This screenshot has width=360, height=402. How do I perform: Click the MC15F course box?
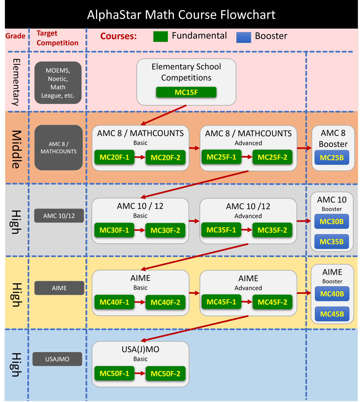coord(186,92)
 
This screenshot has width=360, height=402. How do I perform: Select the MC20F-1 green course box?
coord(114,157)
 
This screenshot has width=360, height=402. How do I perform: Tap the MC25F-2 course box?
coord(272,157)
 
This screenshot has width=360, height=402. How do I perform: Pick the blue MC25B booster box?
coord(332,158)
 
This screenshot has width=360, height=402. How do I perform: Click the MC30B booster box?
coord(332,221)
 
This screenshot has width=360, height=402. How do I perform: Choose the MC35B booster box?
coord(332,242)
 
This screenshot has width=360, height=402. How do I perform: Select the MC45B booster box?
coord(332,314)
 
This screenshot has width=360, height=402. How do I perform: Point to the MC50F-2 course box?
coord(165,373)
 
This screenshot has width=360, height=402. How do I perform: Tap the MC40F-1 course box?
coord(114,302)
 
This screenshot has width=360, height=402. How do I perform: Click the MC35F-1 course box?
coord(221,230)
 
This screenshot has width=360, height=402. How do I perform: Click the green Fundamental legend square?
coord(160,36)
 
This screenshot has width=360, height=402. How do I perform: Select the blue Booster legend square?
coord(244,37)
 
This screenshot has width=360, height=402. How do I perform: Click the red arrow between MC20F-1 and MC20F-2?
coord(140,157)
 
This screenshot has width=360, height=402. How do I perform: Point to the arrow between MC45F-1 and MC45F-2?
coord(247,302)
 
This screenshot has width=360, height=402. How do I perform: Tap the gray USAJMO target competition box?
coord(57,359)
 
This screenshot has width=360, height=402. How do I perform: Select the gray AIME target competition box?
coord(59,288)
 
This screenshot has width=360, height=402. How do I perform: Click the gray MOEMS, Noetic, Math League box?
coord(58,83)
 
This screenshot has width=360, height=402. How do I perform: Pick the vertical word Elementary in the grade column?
coord(16,82)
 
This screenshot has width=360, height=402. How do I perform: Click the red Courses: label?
coord(118,36)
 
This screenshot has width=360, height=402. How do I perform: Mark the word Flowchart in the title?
coord(248,15)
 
